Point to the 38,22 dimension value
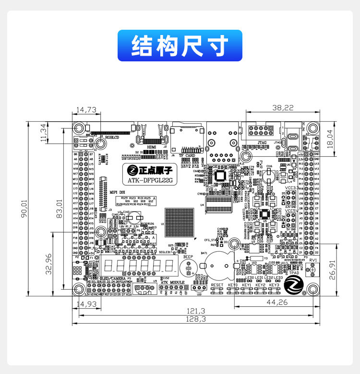(283, 108)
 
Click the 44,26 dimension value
(276, 302)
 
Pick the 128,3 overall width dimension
(196, 318)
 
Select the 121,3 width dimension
(196, 311)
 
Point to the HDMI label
(152, 147)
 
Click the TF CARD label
(187, 155)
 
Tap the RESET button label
(217, 285)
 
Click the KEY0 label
(233, 285)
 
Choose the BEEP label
(188, 257)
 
